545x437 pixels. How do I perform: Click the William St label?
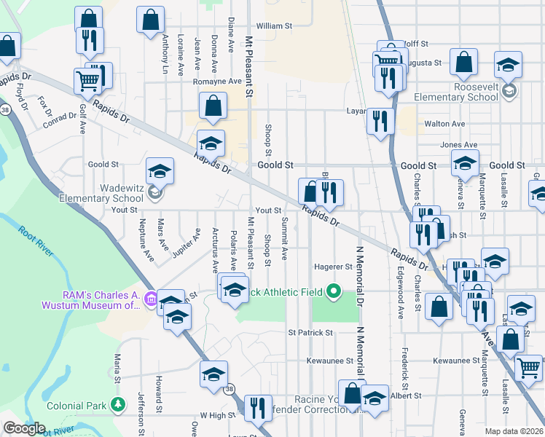click(274, 25)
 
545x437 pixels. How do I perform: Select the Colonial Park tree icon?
click(117, 405)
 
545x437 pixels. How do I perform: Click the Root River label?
click(36, 240)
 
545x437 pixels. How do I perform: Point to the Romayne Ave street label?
click(217, 82)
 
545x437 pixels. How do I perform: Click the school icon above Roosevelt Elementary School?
click(508, 65)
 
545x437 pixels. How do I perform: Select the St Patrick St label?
click(310, 332)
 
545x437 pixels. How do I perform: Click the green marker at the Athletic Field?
click(334, 291)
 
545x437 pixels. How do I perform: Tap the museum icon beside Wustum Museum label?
click(151, 298)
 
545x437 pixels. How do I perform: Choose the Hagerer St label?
click(333, 267)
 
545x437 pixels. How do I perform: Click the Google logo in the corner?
click(23, 428)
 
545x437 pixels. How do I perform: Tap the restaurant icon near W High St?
click(257, 408)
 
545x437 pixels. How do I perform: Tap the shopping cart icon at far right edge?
click(528, 366)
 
